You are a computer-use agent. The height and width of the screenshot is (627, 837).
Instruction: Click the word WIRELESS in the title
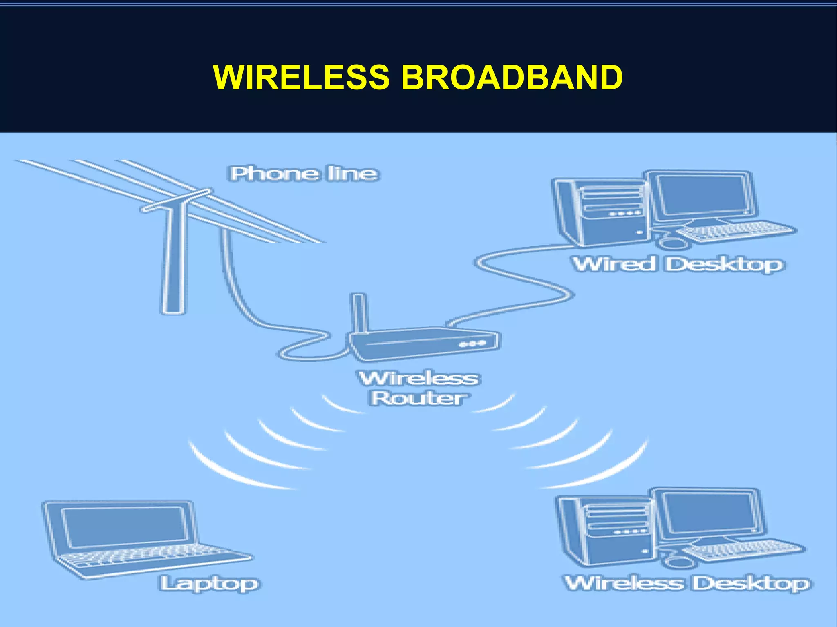click(301, 77)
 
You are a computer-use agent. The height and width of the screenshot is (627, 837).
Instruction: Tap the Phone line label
click(303, 174)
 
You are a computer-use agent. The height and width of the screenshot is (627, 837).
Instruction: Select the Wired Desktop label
click(678, 264)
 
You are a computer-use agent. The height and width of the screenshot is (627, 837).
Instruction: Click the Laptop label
click(210, 583)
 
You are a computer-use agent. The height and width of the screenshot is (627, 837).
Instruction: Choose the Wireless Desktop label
click(688, 583)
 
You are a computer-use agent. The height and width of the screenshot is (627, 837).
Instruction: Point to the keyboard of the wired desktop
click(736, 232)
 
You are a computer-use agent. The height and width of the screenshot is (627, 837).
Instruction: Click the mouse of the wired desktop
click(673, 243)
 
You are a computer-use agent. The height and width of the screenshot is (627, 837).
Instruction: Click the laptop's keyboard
click(151, 556)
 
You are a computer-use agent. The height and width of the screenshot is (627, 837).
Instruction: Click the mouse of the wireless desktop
click(678, 562)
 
